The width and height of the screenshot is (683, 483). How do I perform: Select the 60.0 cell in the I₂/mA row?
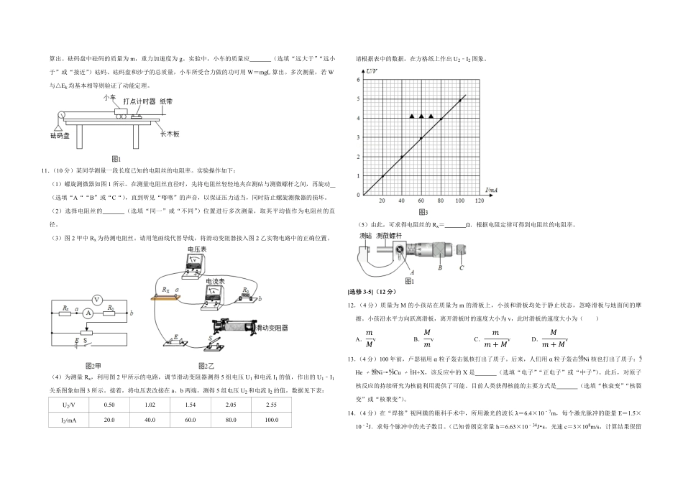(x=191, y=420)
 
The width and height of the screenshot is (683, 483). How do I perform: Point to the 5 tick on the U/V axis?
(x=358, y=99)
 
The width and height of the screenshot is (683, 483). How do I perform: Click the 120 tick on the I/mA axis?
(x=479, y=201)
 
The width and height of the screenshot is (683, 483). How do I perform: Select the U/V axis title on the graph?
(x=372, y=72)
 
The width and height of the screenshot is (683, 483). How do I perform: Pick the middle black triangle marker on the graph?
(x=421, y=116)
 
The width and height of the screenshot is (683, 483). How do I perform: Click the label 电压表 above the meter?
(x=197, y=249)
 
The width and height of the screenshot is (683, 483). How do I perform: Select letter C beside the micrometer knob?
(x=461, y=268)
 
